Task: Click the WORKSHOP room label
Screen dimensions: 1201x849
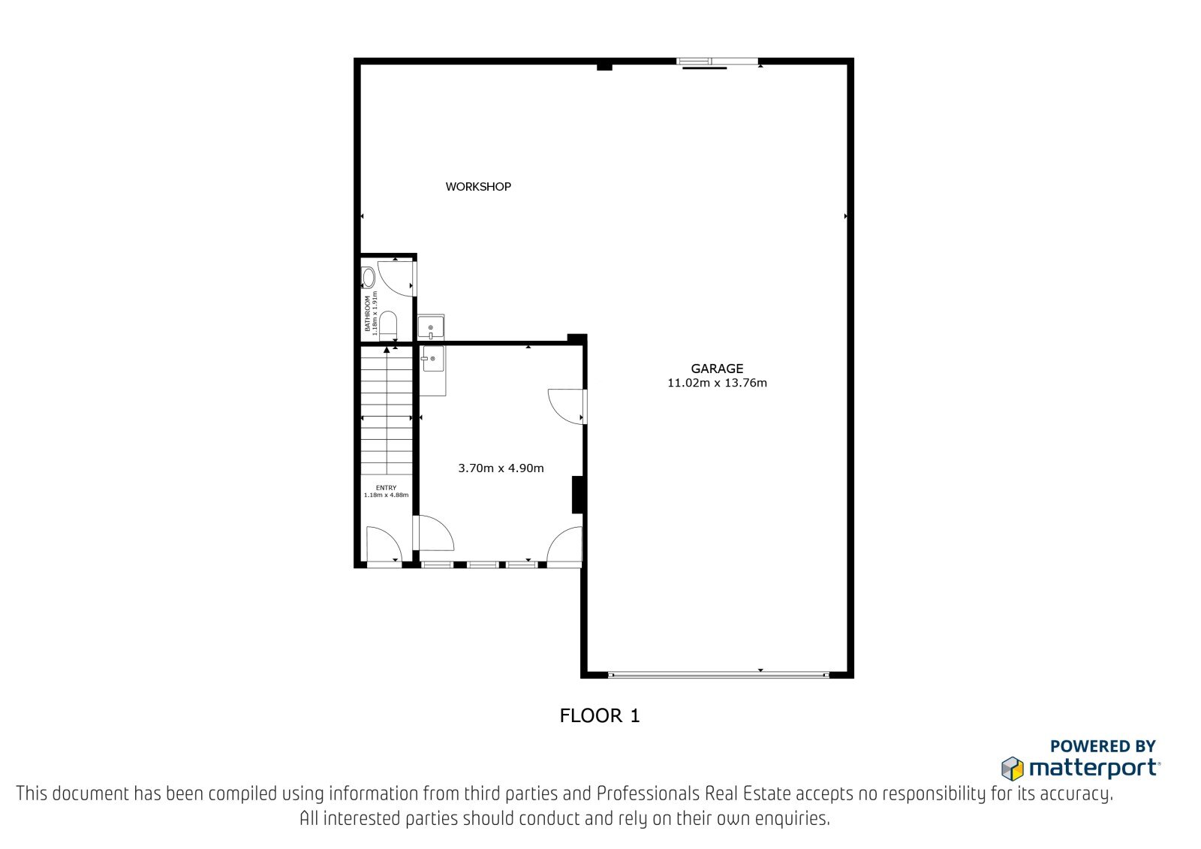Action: point(478,187)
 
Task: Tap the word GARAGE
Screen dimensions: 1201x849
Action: point(717,369)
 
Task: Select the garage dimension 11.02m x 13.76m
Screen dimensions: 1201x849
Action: point(717,383)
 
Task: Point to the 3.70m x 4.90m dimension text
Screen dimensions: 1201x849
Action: point(501,468)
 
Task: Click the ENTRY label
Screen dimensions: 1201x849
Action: point(386,488)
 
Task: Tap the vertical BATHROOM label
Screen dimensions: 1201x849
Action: point(367,314)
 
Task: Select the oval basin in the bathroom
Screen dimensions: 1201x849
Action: point(369,278)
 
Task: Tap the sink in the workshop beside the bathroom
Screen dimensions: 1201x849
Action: point(431,327)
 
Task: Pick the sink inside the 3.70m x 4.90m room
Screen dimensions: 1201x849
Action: point(432,359)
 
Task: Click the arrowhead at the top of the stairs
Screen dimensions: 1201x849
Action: point(387,350)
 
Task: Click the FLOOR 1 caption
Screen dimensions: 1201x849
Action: point(600,716)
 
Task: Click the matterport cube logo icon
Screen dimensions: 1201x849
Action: point(1013,769)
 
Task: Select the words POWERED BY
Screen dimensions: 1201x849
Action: point(1103,746)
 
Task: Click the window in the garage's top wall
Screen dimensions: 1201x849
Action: point(718,62)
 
